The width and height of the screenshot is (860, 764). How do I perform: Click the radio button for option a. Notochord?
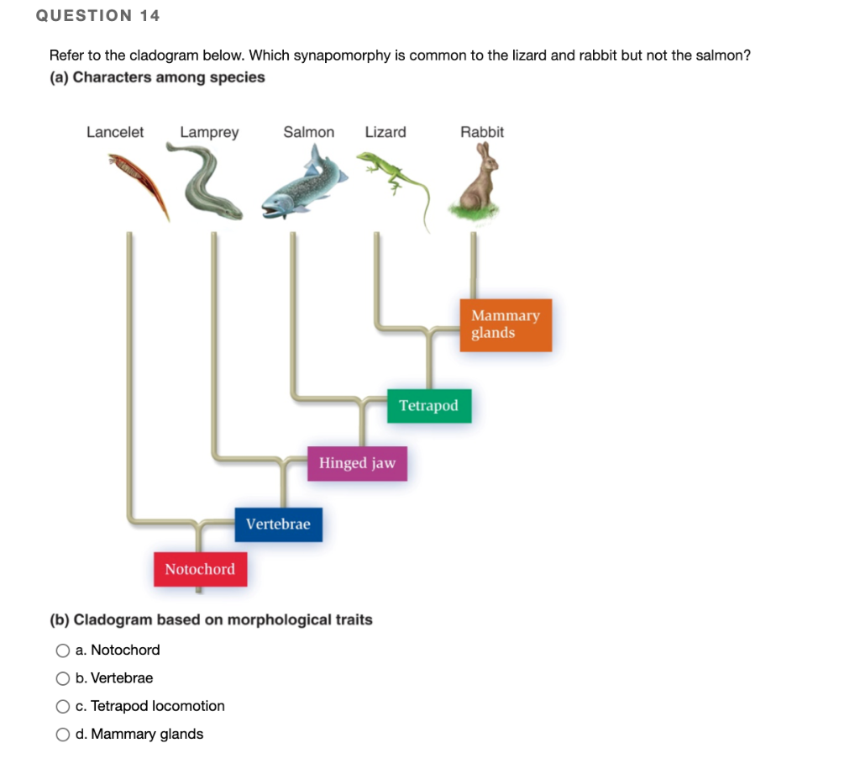pyautogui.click(x=63, y=651)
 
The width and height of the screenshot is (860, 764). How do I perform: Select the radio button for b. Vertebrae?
pyautogui.click(x=63, y=678)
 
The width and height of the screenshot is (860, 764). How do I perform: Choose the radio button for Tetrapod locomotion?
pyautogui.click(x=63, y=707)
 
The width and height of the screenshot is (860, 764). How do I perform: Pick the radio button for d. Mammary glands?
pyautogui.click(x=63, y=735)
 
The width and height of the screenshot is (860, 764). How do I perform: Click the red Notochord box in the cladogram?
pyautogui.click(x=200, y=569)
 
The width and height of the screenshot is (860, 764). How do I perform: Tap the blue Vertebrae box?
pyautogui.click(x=278, y=524)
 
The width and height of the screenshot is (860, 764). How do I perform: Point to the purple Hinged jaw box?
pyautogui.click(x=357, y=463)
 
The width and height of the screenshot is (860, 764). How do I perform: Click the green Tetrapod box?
pyautogui.click(x=428, y=406)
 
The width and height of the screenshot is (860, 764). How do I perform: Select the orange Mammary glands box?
pyautogui.click(x=506, y=324)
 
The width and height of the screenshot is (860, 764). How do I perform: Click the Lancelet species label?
pyautogui.click(x=115, y=132)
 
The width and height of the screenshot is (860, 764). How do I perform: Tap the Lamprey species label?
pyautogui.click(x=209, y=132)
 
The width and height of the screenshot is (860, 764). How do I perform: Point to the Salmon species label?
pyautogui.click(x=309, y=132)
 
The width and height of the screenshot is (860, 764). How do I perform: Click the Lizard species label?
pyautogui.click(x=385, y=132)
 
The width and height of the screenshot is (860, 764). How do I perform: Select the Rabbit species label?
pyautogui.click(x=482, y=132)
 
